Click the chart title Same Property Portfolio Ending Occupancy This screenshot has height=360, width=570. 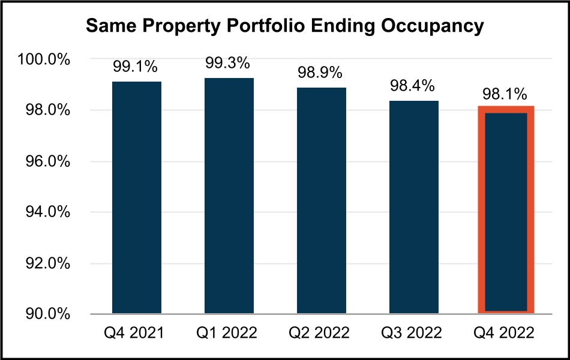284,26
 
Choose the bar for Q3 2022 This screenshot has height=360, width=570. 413,206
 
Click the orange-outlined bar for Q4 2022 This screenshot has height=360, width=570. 506,210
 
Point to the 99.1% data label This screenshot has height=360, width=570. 136,68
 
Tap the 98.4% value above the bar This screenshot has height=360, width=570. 413,86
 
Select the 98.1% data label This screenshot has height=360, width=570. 506,94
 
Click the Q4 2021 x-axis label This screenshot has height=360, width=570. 136,332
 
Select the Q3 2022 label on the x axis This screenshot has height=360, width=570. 413,332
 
